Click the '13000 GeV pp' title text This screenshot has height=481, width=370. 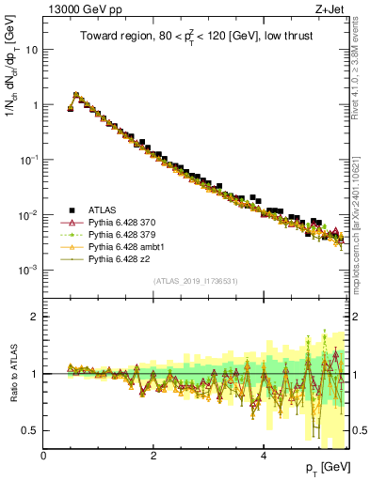[77, 9]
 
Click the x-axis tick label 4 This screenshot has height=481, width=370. [264, 455]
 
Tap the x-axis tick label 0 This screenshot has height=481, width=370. [44, 455]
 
